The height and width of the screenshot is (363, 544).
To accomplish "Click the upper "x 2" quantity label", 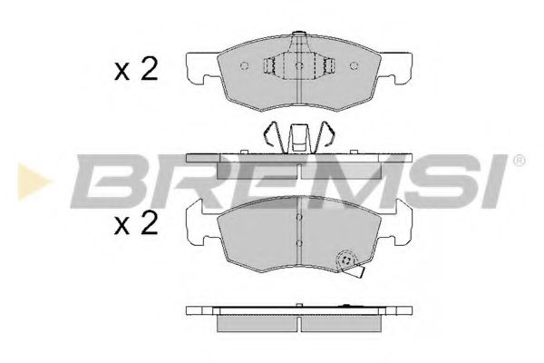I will point(137,70).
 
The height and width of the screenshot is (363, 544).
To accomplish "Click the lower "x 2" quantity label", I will point(137,223).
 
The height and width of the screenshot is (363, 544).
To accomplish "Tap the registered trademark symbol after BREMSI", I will point(519,162).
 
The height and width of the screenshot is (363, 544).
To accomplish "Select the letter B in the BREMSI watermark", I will point(103,181).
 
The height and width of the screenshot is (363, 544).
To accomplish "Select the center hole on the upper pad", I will point(299,66).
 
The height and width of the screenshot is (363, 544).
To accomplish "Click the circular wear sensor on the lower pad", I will point(345,261).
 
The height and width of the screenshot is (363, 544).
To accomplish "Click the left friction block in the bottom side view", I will point(258,324).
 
